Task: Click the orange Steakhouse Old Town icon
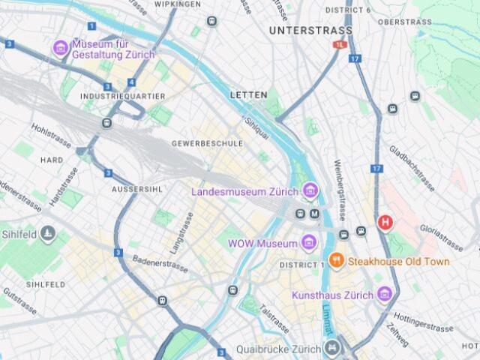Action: point(337,261)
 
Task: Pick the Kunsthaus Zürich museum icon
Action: point(385,294)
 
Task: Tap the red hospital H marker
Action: point(385,222)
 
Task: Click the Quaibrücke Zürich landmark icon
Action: point(331,348)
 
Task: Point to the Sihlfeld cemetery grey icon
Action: point(49,234)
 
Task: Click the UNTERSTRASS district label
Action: point(310,31)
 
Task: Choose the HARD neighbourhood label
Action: point(52,160)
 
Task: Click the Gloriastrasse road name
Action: point(440,235)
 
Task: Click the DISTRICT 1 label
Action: point(301,265)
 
